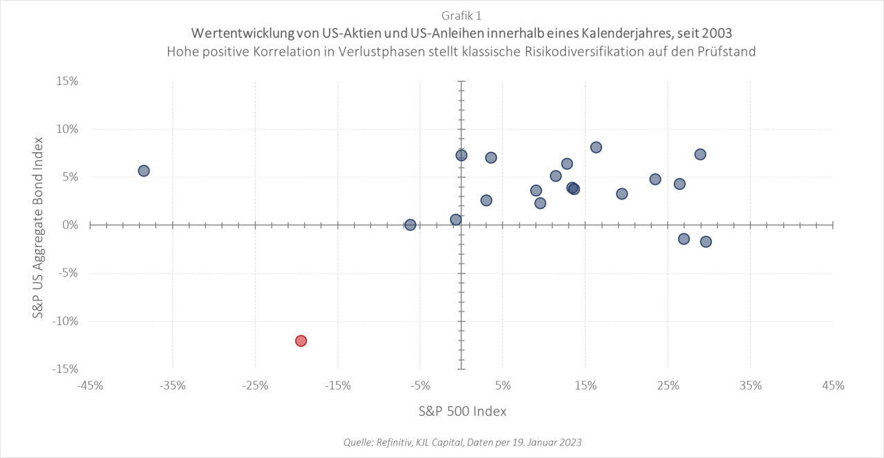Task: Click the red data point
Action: (301, 340)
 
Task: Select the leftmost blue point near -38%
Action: (144, 171)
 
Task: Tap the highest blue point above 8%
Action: (596, 147)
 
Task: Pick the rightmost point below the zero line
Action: (706, 241)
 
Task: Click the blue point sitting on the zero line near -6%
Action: (410, 225)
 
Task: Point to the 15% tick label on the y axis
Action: (66, 81)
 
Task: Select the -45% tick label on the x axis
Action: (90, 385)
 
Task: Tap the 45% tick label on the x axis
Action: (833, 385)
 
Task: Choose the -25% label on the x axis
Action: (255, 385)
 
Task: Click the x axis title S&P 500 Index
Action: (462, 411)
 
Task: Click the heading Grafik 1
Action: (461, 15)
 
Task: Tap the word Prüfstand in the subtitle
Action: (728, 52)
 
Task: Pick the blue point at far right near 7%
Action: (700, 154)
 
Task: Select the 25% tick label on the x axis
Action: (668, 385)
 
